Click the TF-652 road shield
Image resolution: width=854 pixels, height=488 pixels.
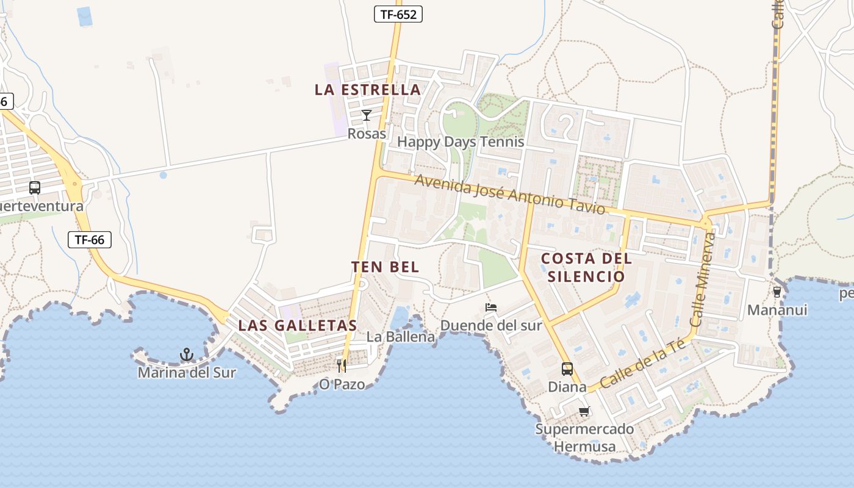click(x=398, y=15)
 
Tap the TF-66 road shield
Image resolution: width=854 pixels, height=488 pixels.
click(x=90, y=240)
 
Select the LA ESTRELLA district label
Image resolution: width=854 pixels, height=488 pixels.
click(x=368, y=90)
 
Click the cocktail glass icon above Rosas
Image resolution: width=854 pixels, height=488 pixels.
click(x=366, y=115)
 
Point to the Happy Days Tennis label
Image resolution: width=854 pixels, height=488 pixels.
click(x=461, y=142)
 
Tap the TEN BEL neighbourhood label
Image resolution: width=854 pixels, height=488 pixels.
click(x=385, y=267)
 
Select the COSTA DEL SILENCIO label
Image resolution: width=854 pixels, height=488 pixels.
click(x=586, y=267)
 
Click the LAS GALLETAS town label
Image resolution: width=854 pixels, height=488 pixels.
click(x=297, y=325)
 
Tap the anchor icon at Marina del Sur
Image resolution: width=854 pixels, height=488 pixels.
click(x=186, y=354)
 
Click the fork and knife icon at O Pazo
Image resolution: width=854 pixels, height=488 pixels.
click(x=341, y=365)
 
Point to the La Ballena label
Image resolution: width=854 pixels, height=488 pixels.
click(x=401, y=337)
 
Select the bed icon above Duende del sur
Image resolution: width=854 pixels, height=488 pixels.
click(x=490, y=307)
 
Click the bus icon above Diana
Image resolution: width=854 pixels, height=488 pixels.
click(x=567, y=369)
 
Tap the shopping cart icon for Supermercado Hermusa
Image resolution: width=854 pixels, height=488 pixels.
click(x=584, y=411)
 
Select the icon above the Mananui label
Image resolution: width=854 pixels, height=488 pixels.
click(x=777, y=292)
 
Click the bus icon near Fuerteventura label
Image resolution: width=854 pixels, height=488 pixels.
click(x=35, y=188)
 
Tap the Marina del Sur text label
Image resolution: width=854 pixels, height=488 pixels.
click(x=186, y=372)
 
